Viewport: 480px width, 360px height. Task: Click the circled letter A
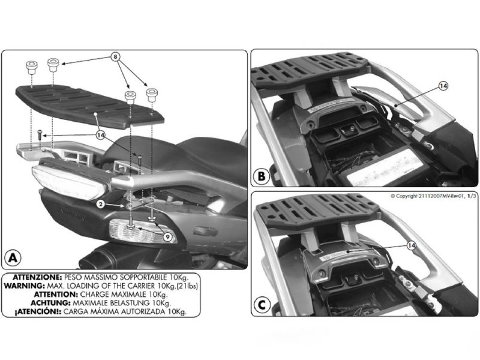pyautogui.click(x=12, y=257)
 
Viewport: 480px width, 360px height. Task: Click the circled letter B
pyautogui.click(x=262, y=176)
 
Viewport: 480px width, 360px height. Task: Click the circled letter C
pyautogui.click(x=262, y=305)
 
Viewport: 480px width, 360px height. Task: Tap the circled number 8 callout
pyautogui.click(x=115, y=57)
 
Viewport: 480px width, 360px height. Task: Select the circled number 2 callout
pyautogui.click(x=101, y=204)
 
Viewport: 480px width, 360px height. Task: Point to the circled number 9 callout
pyautogui.click(x=167, y=236)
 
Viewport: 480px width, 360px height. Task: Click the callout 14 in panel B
pyautogui.click(x=443, y=86)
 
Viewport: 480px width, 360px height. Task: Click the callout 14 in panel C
pyautogui.click(x=412, y=245)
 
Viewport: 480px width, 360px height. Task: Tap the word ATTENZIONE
pyautogui.click(x=37, y=277)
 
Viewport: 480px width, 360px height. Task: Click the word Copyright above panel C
pyautogui.click(x=406, y=196)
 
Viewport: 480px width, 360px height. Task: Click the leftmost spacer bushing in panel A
pyautogui.click(x=31, y=67)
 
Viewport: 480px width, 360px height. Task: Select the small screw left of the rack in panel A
pyautogui.click(x=40, y=134)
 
